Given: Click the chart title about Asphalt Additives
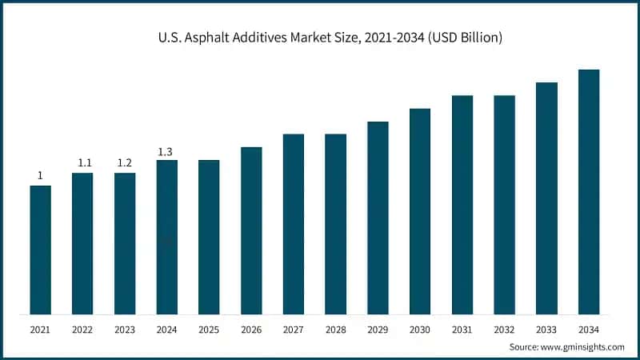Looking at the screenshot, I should [x=320, y=38].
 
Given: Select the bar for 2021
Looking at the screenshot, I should [x=40, y=250].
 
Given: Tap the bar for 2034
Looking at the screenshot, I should [x=589, y=192].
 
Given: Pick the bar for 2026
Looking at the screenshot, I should [x=251, y=230].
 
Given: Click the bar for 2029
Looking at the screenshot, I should [x=378, y=218].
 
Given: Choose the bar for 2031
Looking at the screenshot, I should [x=462, y=205].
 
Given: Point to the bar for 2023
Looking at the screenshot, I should [x=125, y=243].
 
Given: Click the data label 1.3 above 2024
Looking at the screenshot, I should [x=166, y=151].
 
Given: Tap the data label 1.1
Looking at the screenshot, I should [x=82, y=163].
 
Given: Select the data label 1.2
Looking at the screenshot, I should [x=125, y=163].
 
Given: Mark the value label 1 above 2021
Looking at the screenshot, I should [x=40, y=176].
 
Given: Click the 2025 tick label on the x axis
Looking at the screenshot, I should [x=209, y=329].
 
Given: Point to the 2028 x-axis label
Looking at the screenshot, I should [x=335, y=329].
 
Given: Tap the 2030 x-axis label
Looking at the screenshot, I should [x=420, y=329].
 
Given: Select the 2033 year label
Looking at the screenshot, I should [x=546, y=329].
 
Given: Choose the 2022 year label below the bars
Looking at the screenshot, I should [x=82, y=329].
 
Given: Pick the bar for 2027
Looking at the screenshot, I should [x=294, y=224].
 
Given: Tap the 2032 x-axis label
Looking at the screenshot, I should [x=504, y=329].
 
